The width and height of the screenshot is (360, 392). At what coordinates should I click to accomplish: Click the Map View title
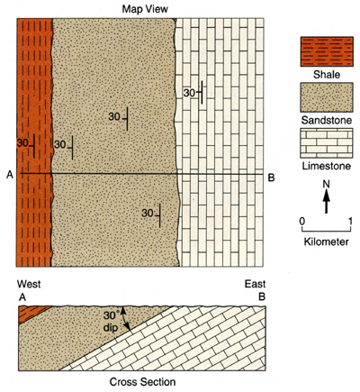coord(145,9)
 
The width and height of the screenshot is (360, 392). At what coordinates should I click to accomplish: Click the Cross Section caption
coord(142,382)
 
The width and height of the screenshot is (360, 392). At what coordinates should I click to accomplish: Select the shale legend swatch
coord(327,51)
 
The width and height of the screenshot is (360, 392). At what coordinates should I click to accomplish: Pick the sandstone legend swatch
coord(327,97)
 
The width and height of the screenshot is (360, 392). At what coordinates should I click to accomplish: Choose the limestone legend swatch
coord(327,143)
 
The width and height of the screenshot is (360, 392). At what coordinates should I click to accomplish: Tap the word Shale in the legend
coord(327,75)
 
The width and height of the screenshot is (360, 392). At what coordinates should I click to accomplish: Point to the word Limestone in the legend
coord(327,166)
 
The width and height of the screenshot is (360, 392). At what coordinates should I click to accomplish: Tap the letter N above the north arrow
coord(327,184)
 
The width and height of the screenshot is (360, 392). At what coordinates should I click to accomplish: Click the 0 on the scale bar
coord(302,222)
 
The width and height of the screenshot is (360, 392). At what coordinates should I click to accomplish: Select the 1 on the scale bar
coord(350,222)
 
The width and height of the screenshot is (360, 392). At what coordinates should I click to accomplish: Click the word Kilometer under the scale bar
coord(327,242)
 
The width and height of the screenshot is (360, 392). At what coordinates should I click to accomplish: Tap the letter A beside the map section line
coord(10,174)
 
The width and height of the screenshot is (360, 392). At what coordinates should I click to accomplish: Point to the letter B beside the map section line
coord(271,178)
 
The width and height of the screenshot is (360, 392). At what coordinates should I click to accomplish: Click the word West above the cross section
coord(29,284)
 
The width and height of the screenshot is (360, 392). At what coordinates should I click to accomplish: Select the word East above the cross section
coord(255,284)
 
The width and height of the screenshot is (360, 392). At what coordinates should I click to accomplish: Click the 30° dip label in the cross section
coord(112,322)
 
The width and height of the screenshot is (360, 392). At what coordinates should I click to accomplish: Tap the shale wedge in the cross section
coord(30,313)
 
